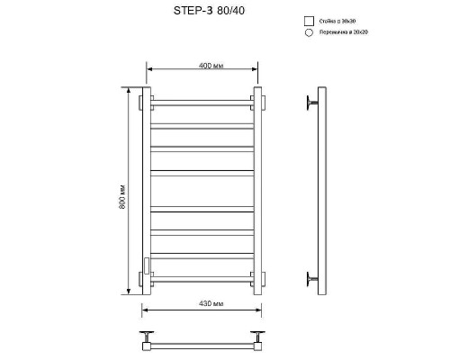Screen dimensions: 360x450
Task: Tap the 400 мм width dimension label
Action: pyautogui.click(x=199, y=65)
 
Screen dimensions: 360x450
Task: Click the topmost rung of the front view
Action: pyautogui.click(x=201, y=100)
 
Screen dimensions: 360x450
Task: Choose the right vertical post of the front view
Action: pyautogui.click(x=256, y=189)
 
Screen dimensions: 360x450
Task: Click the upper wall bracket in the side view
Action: pyautogui.click(x=312, y=101)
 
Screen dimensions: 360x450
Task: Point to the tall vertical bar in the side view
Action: pyautogui.click(x=319, y=189)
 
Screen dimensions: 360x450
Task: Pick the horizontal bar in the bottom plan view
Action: pyautogui.click(x=201, y=343)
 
